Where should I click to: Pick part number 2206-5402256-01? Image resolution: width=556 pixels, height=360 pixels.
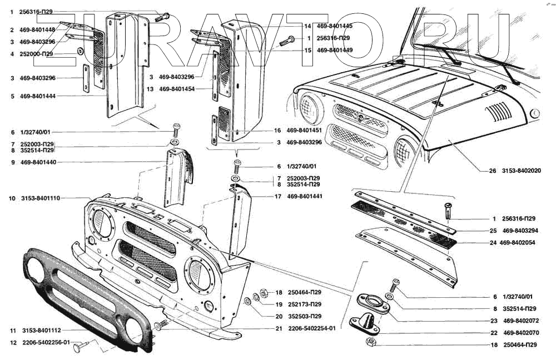pyautogui.click(x=46, y=343)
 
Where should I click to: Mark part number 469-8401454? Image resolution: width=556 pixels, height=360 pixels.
pyautogui.click(x=177, y=89)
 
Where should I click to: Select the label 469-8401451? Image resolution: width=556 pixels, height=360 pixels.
pyautogui.click(x=305, y=131)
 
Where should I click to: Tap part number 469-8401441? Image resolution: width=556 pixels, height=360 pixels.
pyautogui.click(x=306, y=197)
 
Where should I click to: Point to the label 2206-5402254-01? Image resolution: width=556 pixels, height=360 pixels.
pyautogui.click(x=311, y=328)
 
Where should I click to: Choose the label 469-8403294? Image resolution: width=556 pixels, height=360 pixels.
pyautogui.click(x=521, y=230)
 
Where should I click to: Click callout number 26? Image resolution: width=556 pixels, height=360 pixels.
pyautogui.click(x=492, y=171)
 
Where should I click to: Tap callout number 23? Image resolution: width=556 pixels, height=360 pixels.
pyautogui.click(x=493, y=321)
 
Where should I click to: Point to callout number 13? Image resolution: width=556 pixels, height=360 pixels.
pyautogui.click(x=150, y=89)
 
